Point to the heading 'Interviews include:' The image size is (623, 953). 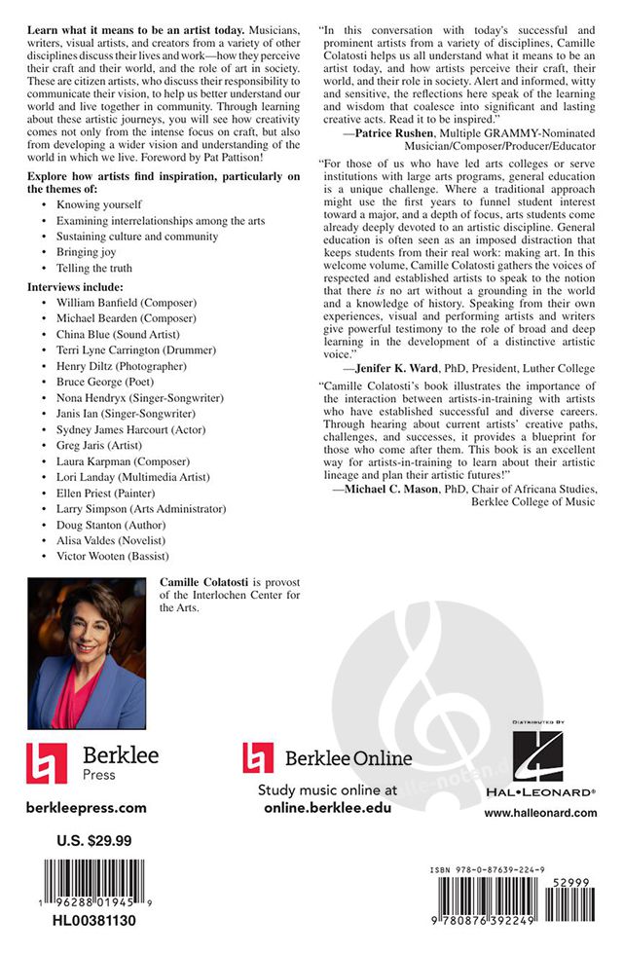(x=76, y=286)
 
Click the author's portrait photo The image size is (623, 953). (x=88, y=653)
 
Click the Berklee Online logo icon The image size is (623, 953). (x=257, y=757)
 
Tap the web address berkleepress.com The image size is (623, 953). (x=88, y=807)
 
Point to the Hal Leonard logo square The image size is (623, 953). (x=538, y=756)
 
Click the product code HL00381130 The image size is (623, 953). (x=89, y=920)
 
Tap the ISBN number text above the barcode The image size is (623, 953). (x=491, y=869)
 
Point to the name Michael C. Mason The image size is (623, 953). (x=391, y=488)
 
